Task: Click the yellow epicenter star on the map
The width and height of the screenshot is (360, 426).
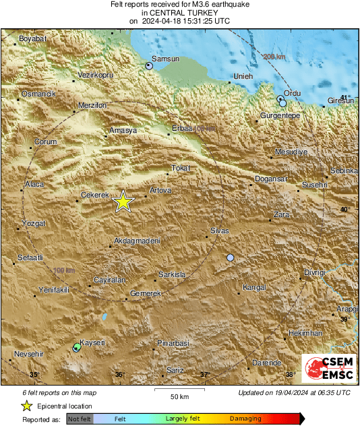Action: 123,202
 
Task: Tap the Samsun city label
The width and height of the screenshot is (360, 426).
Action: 166,59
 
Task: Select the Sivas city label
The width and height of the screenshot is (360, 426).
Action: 220,231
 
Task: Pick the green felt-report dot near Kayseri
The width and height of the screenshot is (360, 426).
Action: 77,347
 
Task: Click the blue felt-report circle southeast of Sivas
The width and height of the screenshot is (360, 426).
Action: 231,257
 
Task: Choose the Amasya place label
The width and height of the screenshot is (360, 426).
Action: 123,129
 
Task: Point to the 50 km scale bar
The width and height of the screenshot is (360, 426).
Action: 179,390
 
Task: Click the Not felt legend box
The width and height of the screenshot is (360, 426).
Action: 80,419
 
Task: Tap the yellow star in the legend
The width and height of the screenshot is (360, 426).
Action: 26,406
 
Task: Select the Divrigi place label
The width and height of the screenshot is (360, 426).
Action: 314,272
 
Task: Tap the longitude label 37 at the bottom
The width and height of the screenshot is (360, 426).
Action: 206,374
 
